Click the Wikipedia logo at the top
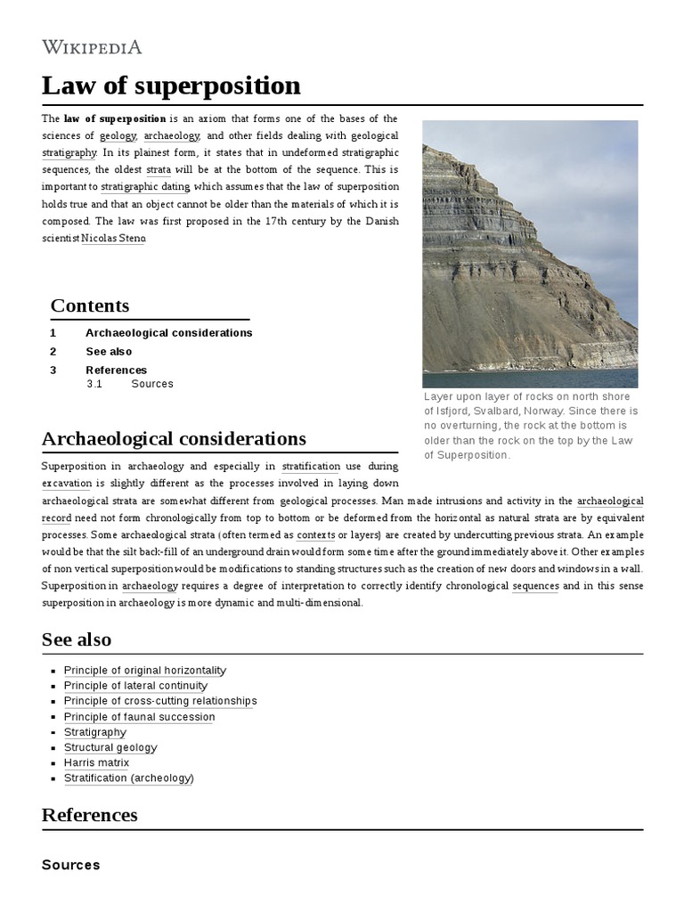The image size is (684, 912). (92, 47)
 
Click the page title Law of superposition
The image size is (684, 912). (171, 85)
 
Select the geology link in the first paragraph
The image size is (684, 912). (118, 135)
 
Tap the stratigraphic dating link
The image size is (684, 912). (146, 187)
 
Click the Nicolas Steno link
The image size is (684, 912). (112, 238)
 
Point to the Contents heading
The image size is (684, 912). (90, 305)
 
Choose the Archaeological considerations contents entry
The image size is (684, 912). (168, 333)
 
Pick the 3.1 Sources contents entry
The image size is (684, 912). (151, 384)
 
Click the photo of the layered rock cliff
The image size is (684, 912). (530, 253)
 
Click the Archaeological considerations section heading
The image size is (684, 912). (174, 439)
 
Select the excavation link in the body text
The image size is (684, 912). (67, 484)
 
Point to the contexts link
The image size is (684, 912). (315, 535)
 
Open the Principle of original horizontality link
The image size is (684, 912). (145, 671)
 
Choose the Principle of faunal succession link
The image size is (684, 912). (140, 717)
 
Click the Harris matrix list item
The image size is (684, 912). (96, 763)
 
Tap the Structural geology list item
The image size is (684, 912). (110, 748)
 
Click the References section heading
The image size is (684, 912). (89, 815)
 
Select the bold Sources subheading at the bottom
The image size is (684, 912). (71, 865)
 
